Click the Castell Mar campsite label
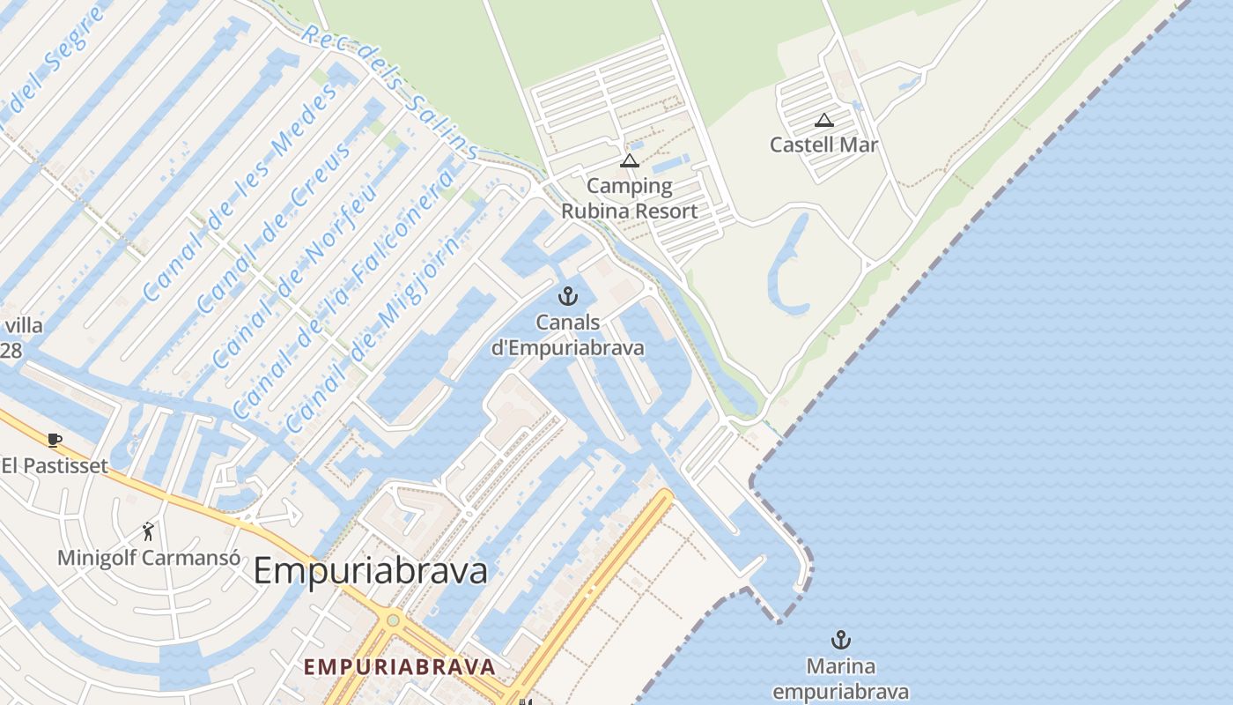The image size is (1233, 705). (823, 145)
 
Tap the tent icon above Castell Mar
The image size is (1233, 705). (823, 120)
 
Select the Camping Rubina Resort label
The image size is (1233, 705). (629, 198)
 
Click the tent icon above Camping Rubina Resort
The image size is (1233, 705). (629, 160)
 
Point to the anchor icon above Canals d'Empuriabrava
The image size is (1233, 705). (567, 296)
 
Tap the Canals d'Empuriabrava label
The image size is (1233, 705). (567, 335)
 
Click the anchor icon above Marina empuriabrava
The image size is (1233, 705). (841, 640)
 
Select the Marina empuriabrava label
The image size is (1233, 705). (841, 678)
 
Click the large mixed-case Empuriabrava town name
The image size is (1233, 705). (370, 571)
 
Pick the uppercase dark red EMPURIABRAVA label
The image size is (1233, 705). (399, 666)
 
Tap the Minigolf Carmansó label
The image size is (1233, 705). (149, 558)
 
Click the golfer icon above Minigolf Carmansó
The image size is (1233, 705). (148, 531)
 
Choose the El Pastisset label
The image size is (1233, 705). (55, 465)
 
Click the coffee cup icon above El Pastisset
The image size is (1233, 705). (55, 440)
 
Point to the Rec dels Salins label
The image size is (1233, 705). (389, 92)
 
